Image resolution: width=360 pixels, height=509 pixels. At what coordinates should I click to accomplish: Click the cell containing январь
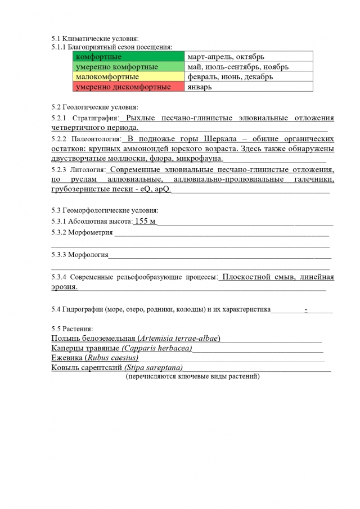click(x=249, y=87)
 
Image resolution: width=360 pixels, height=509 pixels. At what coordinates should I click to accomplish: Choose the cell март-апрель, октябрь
click(x=249, y=57)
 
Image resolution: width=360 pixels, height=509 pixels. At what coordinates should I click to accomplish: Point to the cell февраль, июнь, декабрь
click(x=249, y=76)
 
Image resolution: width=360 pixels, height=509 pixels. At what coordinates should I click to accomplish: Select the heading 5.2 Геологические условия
click(x=94, y=107)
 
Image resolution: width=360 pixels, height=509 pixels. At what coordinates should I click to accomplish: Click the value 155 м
click(x=145, y=221)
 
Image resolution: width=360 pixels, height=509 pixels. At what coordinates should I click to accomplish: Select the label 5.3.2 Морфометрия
click(x=82, y=232)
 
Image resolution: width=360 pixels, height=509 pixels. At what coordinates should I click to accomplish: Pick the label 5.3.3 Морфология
click(x=80, y=255)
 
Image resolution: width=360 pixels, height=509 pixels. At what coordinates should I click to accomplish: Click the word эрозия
click(x=64, y=287)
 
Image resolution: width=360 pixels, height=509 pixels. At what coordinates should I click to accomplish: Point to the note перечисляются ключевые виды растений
click(x=192, y=376)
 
